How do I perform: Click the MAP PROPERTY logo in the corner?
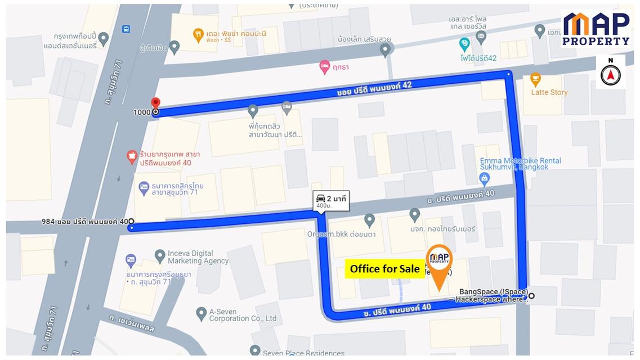(x=596, y=29)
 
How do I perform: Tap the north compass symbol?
(x=610, y=73)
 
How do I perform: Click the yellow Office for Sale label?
(x=384, y=269)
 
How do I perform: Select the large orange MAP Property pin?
(x=439, y=262)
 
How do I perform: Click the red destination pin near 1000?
(x=156, y=103)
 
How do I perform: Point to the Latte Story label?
(x=549, y=92)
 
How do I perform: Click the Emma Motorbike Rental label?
(x=520, y=164)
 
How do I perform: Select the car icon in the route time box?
(x=320, y=197)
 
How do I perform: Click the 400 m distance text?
(x=324, y=206)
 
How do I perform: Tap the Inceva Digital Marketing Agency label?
(x=198, y=257)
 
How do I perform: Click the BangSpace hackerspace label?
(x=493, y=295)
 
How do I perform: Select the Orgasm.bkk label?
(x=341, y=234)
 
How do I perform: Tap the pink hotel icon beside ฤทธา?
(x=324, y=67)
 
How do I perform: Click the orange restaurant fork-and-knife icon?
(x=198, y=35)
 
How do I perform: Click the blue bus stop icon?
(x=126, y=29)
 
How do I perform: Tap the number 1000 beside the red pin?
(x=141, y=112)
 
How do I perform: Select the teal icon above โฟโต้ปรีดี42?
(x=464, y=43)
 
